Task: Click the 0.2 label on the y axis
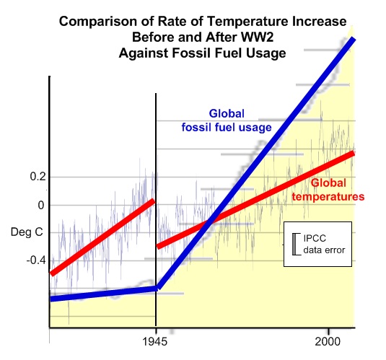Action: click(38, 177)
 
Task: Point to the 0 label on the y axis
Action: click(41, 205)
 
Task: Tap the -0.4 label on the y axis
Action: click(36, 260)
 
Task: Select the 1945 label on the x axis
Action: click(155, 341)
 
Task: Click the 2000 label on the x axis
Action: click(328, 341)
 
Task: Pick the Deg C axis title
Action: click(27, 232)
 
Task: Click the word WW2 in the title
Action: click(258, 38)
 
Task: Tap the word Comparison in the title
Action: click(98, 22)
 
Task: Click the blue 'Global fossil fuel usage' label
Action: click(227, 120)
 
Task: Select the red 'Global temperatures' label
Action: click(328, 190)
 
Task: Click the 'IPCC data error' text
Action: click(324, 245)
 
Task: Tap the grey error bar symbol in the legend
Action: click(295, 245)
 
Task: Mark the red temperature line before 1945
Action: click(102, 237)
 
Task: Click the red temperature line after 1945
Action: click(255, 200)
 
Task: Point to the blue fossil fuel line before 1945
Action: click(103, 294)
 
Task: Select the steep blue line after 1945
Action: click(256, 163)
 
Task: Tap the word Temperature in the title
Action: click(247, 22)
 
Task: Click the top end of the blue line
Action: click(354, 39)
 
